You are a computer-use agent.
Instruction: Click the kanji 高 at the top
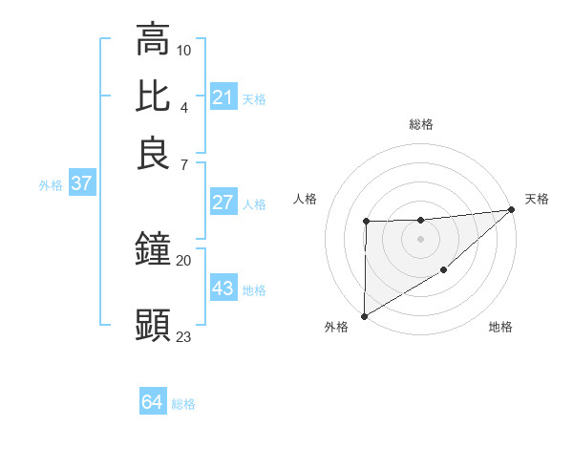pos(153,40)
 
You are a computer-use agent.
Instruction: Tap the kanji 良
pos(153,153)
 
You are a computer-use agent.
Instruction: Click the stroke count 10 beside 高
pos(184,49)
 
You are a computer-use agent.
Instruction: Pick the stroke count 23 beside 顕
pos(184,336)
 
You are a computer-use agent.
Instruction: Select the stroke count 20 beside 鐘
pos(184,260)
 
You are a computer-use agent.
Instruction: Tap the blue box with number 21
pos(223,97)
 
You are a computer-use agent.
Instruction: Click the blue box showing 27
pos(223,203)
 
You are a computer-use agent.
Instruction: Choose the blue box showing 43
pos(223,289)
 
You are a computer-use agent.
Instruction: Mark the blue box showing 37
pos(81,183)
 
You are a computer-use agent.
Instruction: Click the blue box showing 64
pos(153,403)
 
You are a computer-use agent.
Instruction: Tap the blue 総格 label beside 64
pos(183,404)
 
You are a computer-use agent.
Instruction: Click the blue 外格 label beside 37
pos(50,185)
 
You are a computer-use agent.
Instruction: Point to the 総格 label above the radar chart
pos(421,124)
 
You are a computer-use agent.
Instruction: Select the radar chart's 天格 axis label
pos(537,199)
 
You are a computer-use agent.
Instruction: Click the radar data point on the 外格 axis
pos(364,315)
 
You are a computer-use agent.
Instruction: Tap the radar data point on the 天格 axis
pos(513,209)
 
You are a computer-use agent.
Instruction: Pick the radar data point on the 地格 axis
pos(444,271)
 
